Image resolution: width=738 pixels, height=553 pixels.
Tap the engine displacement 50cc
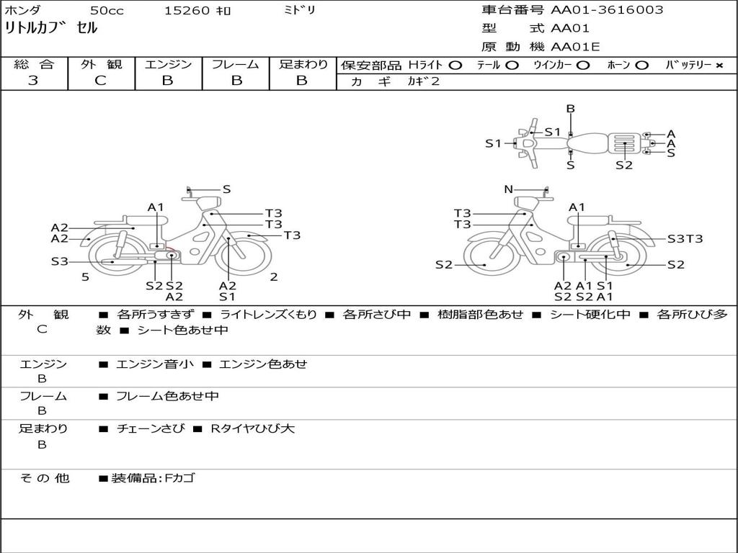click(x=106, y=11)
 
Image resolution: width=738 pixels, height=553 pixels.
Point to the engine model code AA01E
click(x=575, y=47)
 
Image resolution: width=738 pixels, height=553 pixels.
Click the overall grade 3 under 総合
click(x=33, y=80)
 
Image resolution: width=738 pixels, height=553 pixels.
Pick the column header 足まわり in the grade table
click(x=303, y=64)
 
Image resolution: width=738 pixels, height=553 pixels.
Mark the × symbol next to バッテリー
click(x=719, y=65)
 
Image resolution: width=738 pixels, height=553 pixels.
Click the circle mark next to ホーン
click(x=642, y=65)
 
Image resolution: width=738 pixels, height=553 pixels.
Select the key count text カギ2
click(x=423, y=81)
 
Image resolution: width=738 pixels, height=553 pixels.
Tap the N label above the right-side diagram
click(x=508, y=189)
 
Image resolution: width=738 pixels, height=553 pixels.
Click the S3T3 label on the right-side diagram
click(x=685, y=238)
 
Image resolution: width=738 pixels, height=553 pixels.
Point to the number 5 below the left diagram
click(x=85, y=276)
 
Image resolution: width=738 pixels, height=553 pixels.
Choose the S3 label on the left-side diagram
click(x=59, y=261)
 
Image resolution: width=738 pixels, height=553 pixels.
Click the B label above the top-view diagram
click(x=570, y=109)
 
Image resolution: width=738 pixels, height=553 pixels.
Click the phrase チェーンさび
click(x=150, y=428)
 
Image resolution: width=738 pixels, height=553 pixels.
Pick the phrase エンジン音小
click(x=154, y=364)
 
